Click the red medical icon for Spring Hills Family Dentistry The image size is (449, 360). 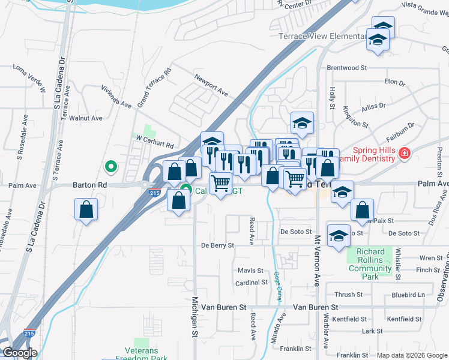[x=405, y=154]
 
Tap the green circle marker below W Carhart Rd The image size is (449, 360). [x=110, y=166]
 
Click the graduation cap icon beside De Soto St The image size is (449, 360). [x=339, y=236]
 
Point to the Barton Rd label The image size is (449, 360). [x=90, y=185]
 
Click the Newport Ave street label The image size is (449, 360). [x=211, y=85]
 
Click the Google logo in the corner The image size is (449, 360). [x=19, y=353]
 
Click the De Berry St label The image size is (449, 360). [x=217, y=245]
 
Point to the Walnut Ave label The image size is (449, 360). [x=86, y=118]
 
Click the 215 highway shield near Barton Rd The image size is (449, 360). [x=154, y=193]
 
